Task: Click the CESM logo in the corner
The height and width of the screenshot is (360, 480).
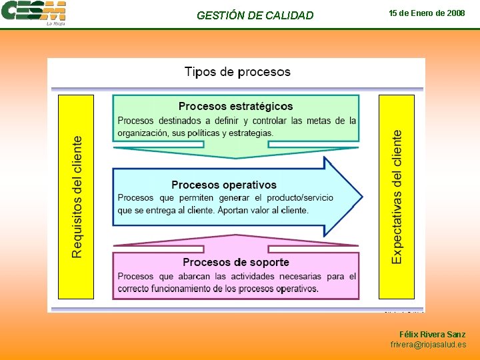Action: [x=33, y=11]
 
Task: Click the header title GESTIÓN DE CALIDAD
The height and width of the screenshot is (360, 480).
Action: [x=255, y=15]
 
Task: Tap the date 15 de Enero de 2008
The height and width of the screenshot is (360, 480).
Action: [x=427, y=13]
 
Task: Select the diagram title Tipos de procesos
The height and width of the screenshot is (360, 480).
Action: [x=237, y=71]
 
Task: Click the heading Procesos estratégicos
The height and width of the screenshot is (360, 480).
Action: [x=235, y=106]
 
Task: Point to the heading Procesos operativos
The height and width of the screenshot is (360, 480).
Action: [x=223, y=185]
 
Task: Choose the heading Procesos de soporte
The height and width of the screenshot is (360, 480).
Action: [x=236, y=262]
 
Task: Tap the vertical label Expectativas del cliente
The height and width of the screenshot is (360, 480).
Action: [x=397, y=197]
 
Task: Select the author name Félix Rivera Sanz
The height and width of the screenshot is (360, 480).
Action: [x=432, y=334]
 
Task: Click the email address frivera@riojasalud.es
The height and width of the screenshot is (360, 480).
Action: [x=428, y=345]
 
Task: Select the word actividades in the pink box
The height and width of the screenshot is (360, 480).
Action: [x=251, y=276]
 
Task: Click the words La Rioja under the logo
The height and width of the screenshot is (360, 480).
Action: [x=55, y=24]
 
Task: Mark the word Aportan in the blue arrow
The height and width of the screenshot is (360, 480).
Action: [x=236, y=210]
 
